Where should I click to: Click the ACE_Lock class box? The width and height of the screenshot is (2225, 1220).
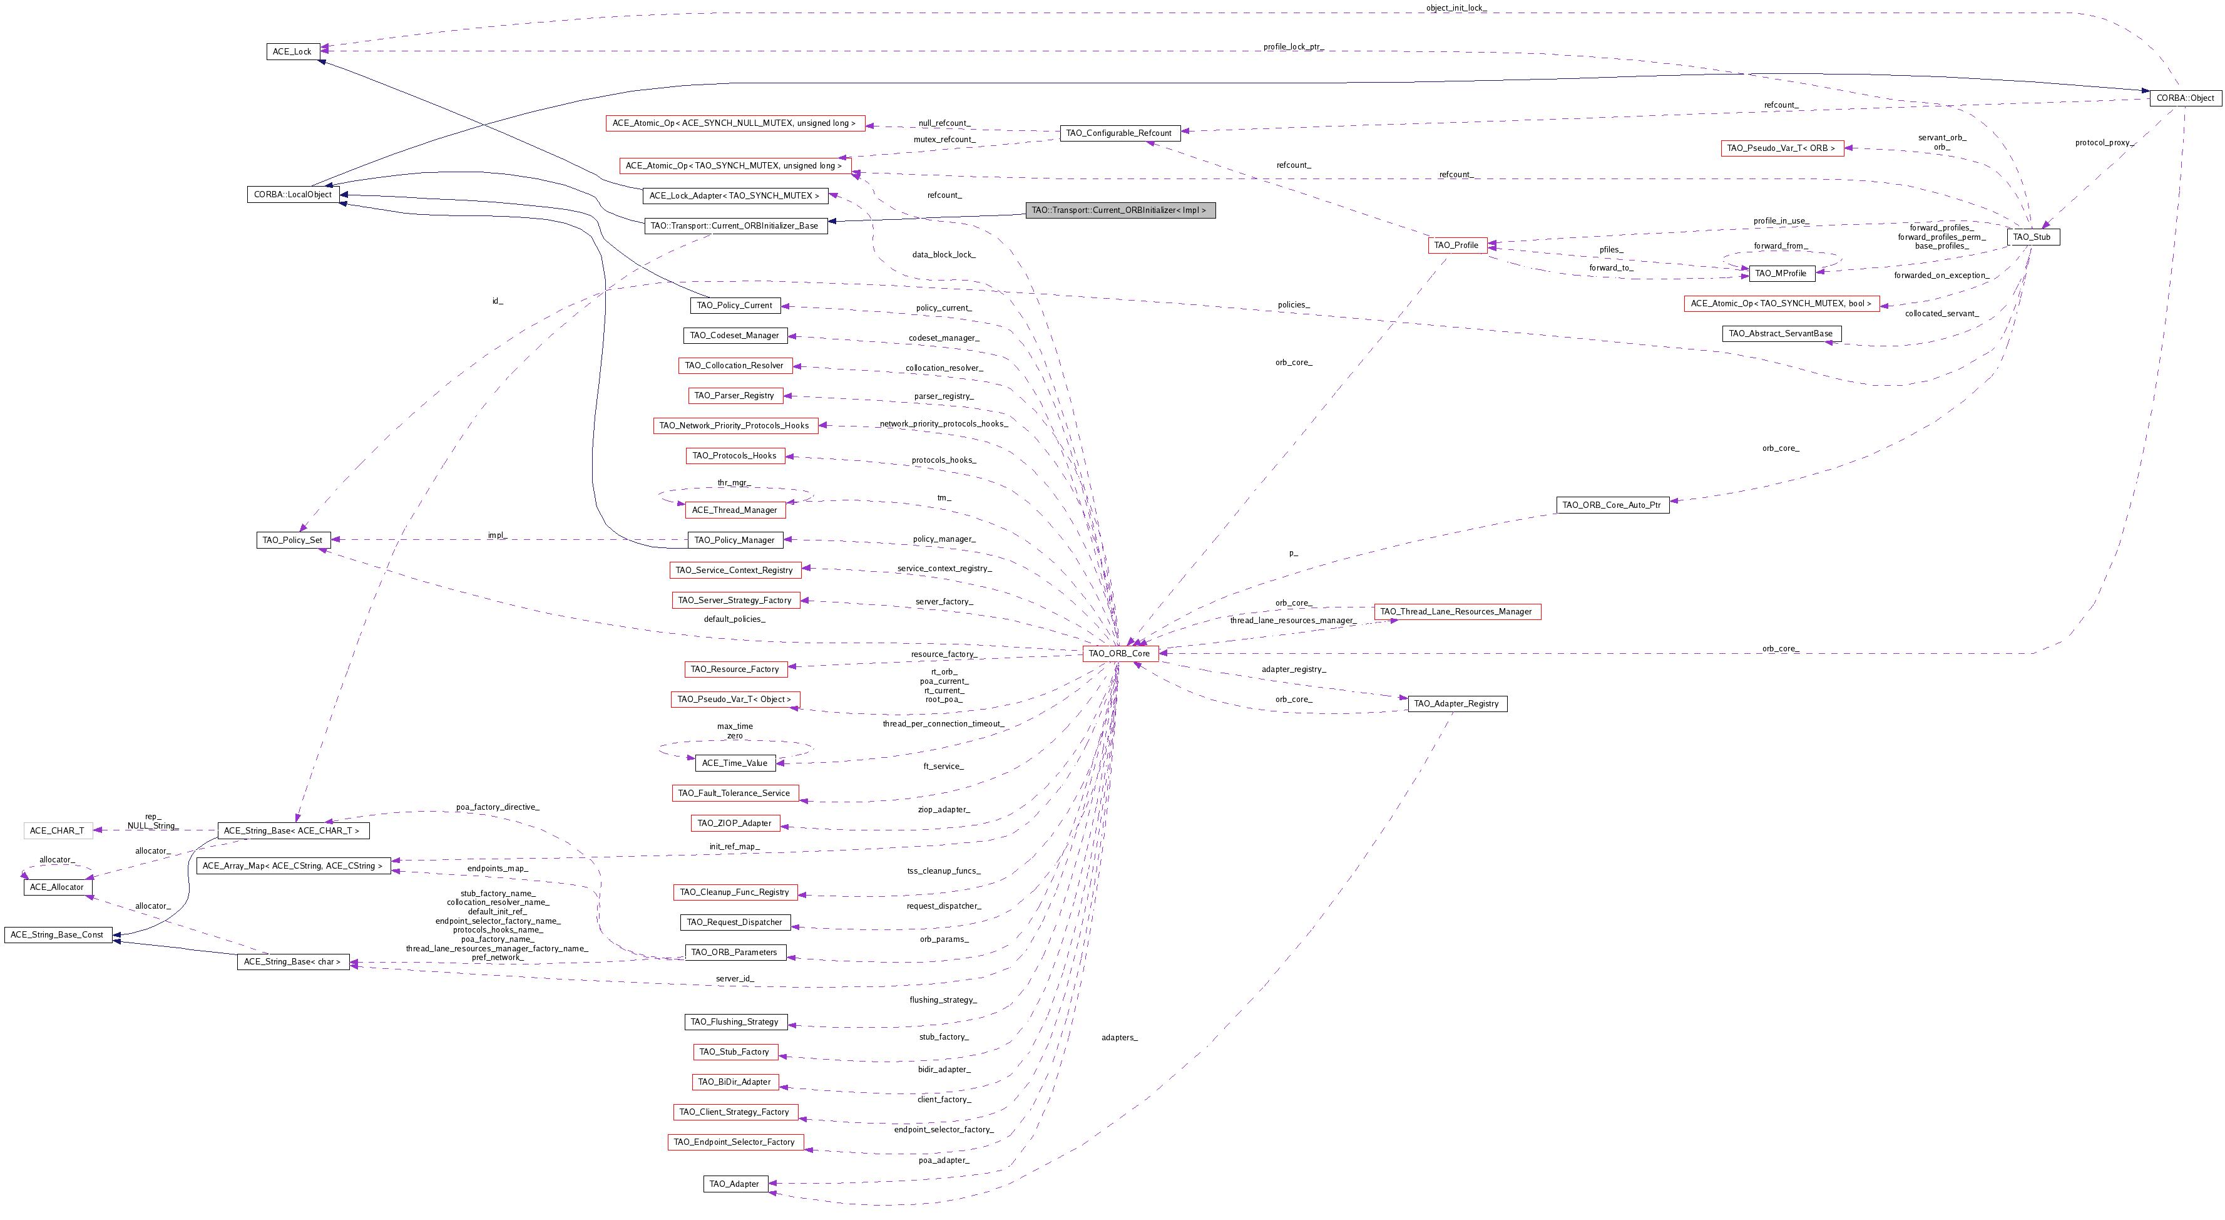tap(292, 52)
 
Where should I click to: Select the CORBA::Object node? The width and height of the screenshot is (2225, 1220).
tap(2184, 98)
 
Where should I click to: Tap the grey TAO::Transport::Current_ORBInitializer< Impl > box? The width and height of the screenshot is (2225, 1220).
tap(1120, 210)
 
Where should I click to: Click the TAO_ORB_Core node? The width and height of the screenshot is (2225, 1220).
tap(1120, 654)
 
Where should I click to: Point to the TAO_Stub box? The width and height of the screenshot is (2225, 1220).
tap(2032, 237)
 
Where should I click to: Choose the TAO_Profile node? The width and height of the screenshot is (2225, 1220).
tap(1456, 246)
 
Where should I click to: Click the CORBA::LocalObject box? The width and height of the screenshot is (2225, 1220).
tap(293, 194)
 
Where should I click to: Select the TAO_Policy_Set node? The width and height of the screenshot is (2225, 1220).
tap(293, 540)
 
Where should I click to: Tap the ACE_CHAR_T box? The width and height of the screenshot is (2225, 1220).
tap(57, 831)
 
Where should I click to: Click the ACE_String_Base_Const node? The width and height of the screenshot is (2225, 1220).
tap(57, 935)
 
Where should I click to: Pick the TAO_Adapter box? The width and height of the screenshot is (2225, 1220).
tap(734, 1184)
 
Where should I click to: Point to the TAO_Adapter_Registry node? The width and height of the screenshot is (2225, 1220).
tap(1456, 704)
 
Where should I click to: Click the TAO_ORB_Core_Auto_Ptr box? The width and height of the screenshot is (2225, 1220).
tap(1612, 505)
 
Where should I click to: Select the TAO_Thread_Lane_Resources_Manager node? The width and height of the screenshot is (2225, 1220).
tap(1456, 612)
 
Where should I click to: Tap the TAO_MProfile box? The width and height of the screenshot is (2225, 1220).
tap(1781, 274)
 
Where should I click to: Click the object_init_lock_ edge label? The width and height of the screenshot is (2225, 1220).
tap(1456, 8)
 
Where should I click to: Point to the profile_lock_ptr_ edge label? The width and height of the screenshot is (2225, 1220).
tap(1293, 46)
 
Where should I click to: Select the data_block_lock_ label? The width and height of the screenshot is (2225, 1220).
tap(944, 255)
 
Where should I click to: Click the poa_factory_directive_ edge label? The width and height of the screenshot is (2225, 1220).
tap(498, 807)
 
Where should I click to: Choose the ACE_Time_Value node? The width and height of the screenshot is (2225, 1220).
tap(734, 763)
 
